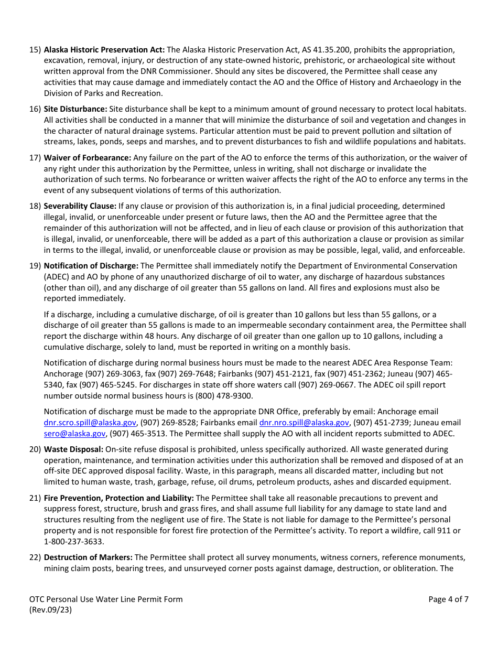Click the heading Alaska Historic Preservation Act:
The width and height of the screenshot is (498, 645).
point(104,50)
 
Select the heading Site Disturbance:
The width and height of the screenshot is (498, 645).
point(75,109)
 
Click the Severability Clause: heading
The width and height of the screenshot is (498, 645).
point(80,206)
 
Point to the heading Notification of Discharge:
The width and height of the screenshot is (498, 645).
point(91,266)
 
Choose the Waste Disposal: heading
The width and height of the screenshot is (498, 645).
point(73,449)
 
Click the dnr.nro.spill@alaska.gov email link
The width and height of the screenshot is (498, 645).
point(304,423)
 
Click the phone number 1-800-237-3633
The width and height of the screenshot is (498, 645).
point(73,542)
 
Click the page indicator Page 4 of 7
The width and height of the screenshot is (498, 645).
point(448,599)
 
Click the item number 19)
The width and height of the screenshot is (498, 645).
point(35,266)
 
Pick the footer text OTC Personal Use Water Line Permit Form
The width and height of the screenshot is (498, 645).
point(106,599)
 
